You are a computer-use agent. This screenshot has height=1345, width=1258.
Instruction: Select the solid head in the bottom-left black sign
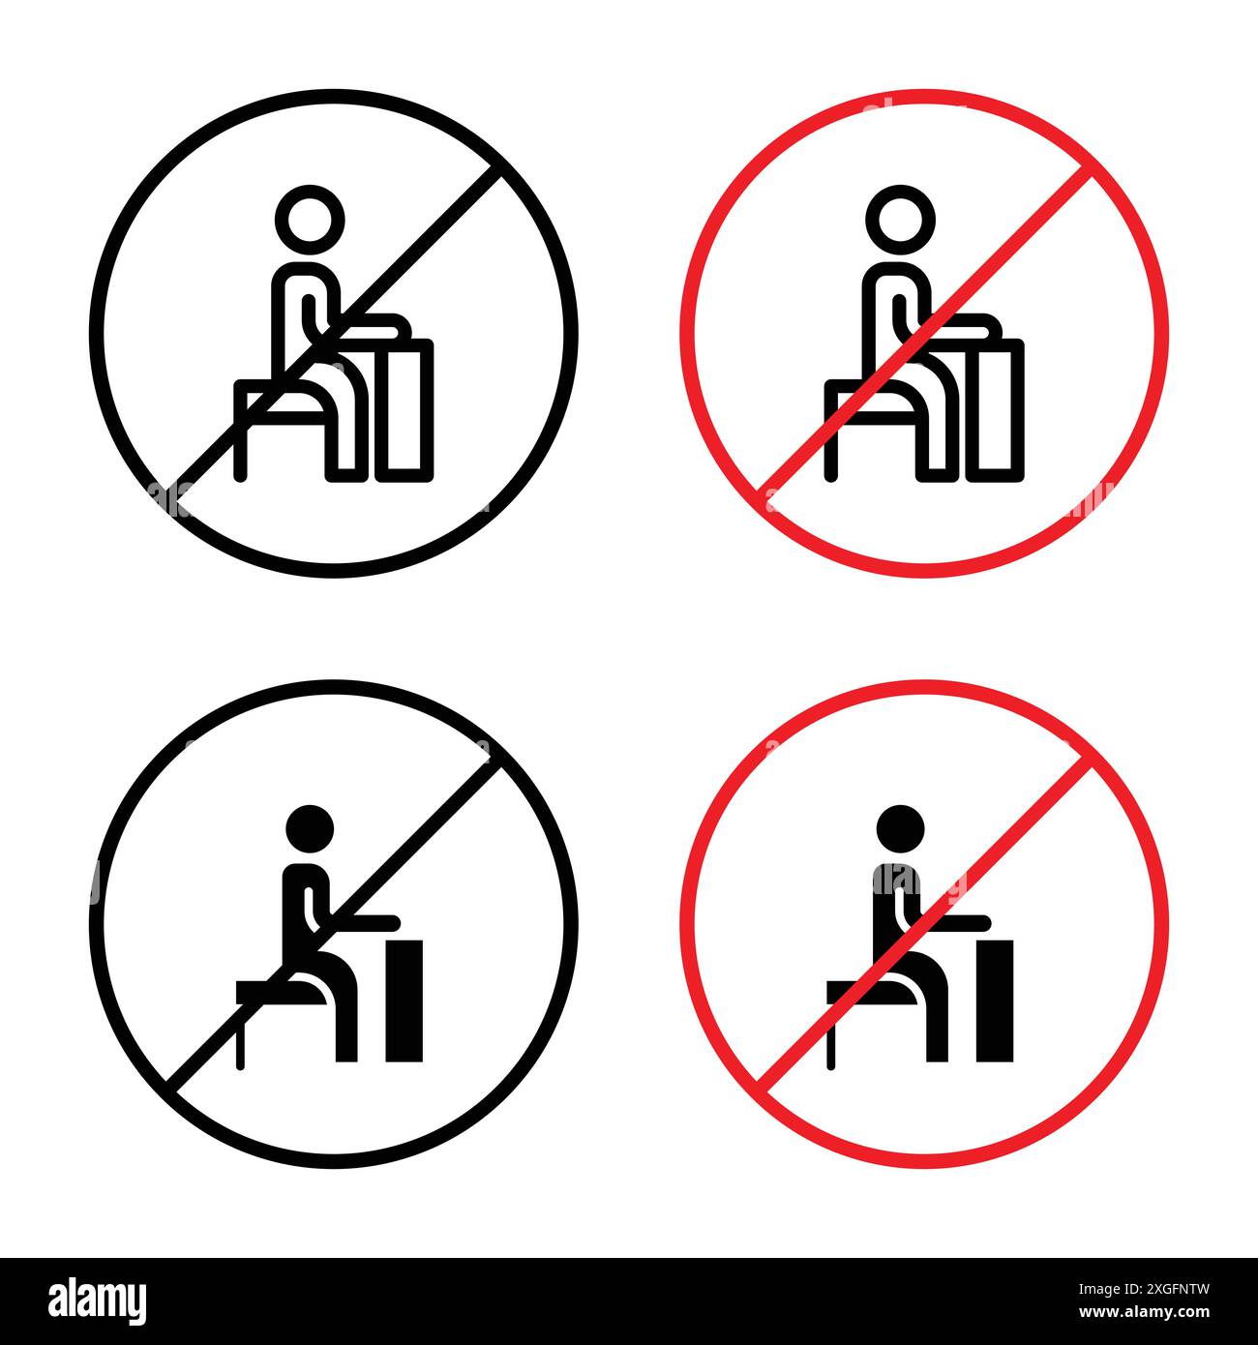click(x=310, y=829)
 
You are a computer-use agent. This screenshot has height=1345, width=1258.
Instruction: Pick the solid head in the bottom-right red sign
click(x=901, y=829)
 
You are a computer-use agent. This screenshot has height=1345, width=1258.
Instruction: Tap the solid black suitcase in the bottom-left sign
click(x=404, y=997)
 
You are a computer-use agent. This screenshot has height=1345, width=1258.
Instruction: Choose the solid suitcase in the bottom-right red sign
click(x=994, y=997)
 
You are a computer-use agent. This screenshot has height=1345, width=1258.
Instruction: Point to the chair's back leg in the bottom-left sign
click(x=241, y=1031)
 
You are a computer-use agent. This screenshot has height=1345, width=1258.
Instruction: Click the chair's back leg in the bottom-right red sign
click(x=830, y=1031)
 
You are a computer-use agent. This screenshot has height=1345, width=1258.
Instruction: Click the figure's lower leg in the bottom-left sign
click(x=346, y=1021)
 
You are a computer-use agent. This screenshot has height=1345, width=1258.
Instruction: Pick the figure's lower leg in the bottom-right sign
click(x=936, y=1021)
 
